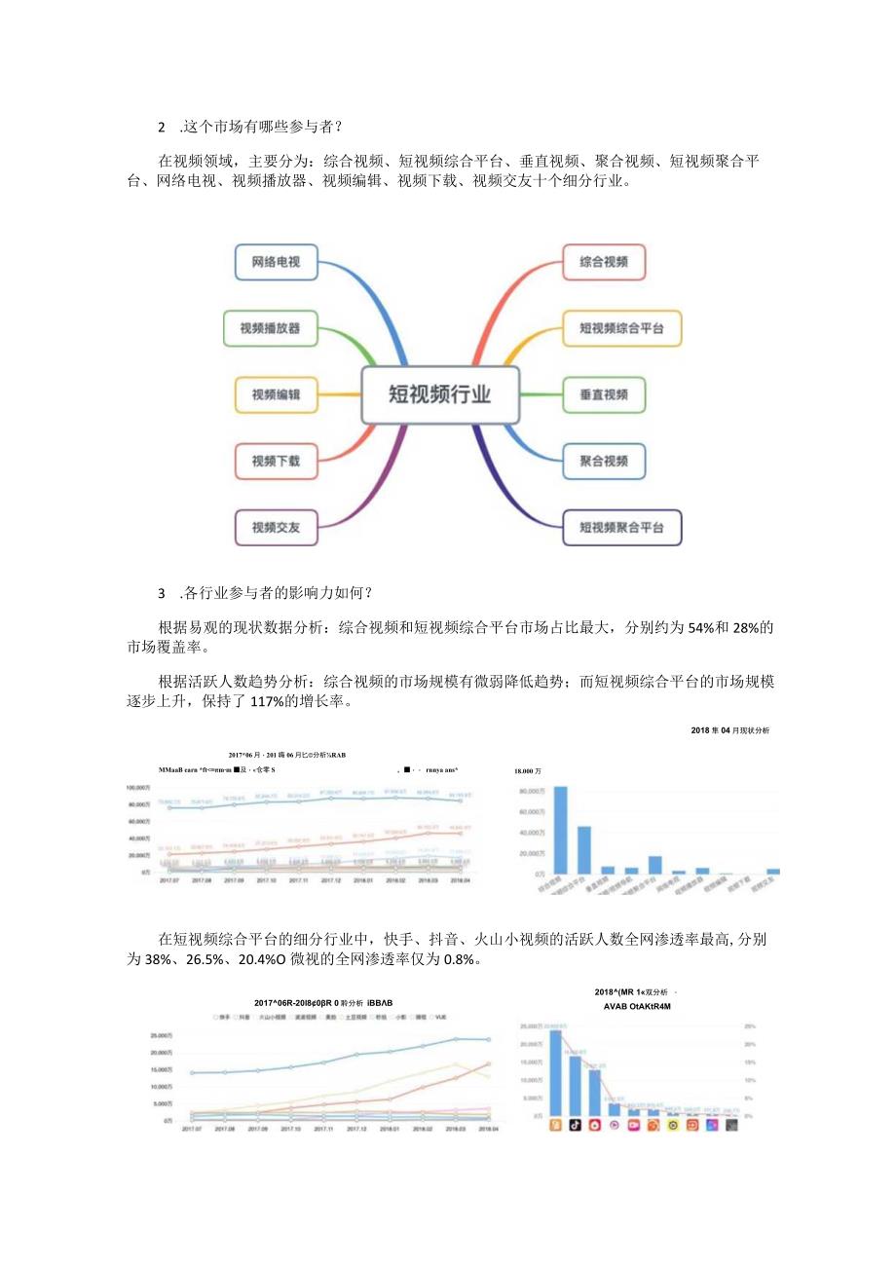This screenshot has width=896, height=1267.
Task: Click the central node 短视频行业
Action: pyautogui.click(x=440, y=394)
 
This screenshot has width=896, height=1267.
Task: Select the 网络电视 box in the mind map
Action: pyautogui.click(x=276, y=262)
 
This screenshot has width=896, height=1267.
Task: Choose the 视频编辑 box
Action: pyautogui.click(x=276, y=394)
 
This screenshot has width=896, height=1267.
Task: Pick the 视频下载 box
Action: pyautogui.click(x=276, y=461)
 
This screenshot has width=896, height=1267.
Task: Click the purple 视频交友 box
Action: pyautogui.click(x=276, y=527)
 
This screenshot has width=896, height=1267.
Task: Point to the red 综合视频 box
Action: pyautogui.click(x=604, y=262)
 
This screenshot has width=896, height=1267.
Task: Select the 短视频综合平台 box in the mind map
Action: pyautogui.click(x=622, y=328)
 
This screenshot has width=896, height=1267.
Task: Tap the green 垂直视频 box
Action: pyautogui.click(x=604, y=394)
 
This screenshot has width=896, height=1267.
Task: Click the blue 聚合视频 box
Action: pyautogui.click(x=604, y=461)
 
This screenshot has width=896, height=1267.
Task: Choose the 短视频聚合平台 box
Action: pyautogui.click(x=622, y=527)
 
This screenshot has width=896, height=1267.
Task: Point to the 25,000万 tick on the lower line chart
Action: pyautogui.click(x=160, y=1034)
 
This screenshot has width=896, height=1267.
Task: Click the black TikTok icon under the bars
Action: pyautogui.click(x=576, y=1125)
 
